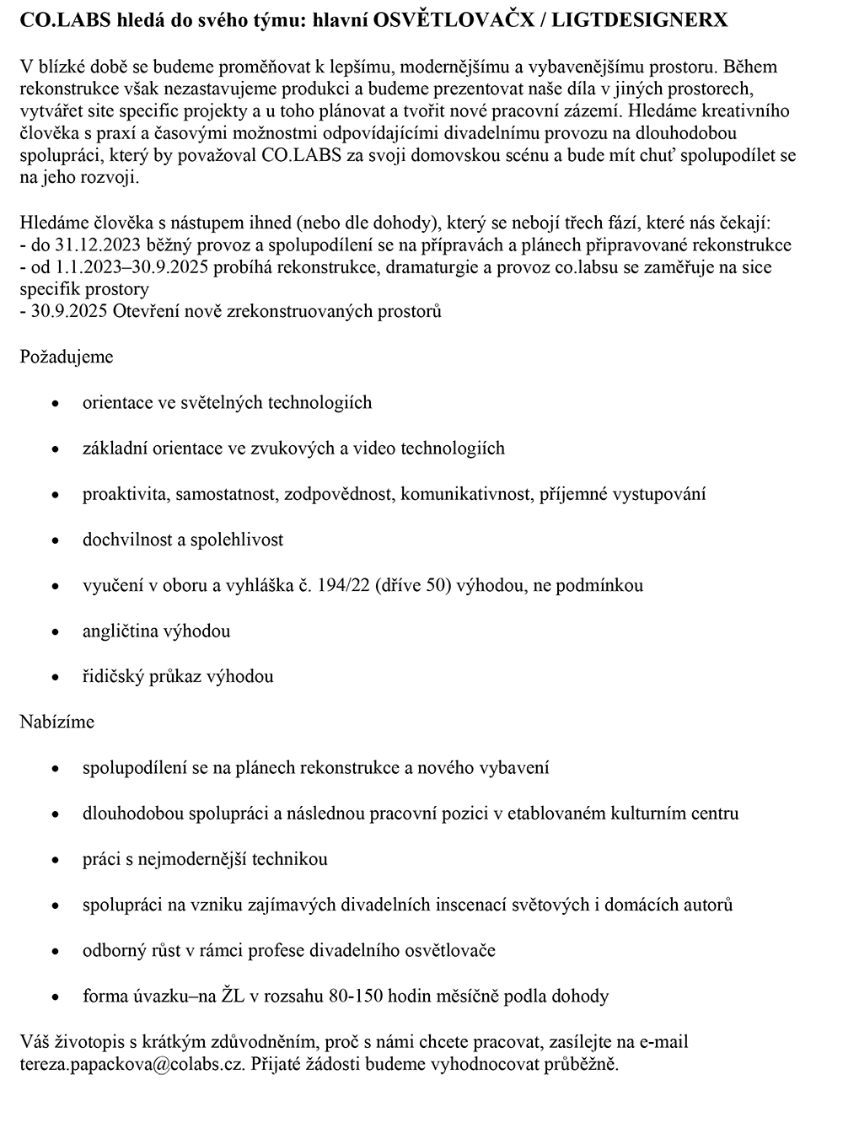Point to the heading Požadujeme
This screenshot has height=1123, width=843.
66,357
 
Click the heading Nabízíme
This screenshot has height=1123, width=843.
56,722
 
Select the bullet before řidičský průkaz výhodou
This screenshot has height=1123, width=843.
56,677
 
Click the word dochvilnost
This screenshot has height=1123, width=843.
128,540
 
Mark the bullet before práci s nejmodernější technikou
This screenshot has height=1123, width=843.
56,860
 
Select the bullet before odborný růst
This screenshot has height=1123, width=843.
56,951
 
